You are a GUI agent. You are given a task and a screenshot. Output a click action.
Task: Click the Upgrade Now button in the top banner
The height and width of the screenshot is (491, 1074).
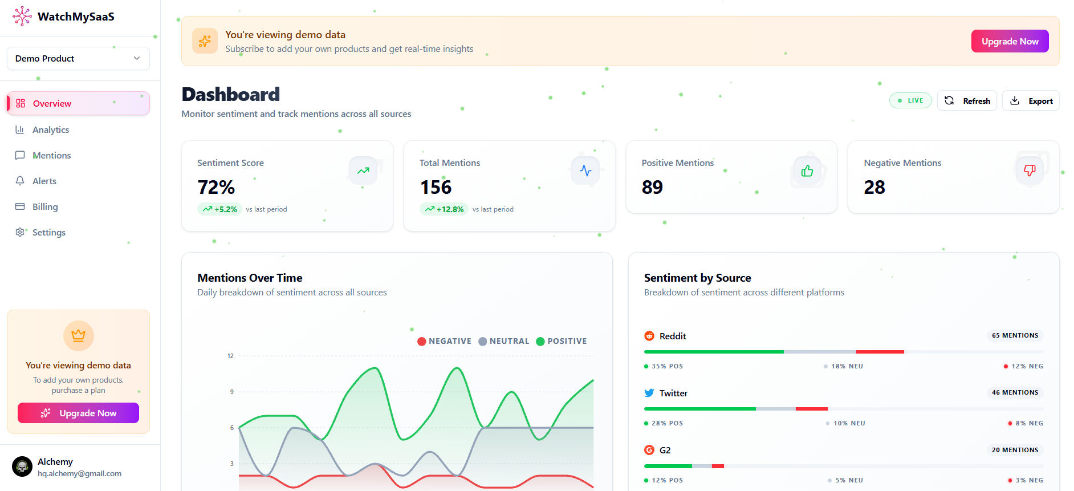1010,41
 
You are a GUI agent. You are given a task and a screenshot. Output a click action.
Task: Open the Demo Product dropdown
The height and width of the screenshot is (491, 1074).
78,59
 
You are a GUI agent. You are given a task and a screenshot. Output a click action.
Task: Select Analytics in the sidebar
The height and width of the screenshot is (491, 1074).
51,129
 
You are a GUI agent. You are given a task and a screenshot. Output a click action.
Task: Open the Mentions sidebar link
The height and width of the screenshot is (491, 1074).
51,155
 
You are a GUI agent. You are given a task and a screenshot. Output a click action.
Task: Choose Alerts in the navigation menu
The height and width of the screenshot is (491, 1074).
44,181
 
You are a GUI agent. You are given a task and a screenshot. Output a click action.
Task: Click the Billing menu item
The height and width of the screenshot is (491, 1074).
45,206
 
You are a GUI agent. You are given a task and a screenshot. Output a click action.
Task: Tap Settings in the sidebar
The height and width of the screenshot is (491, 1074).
48,232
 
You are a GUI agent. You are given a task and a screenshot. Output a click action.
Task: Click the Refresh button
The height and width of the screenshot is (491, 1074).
967,101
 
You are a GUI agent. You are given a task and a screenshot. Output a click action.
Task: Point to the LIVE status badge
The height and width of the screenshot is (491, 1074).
910,100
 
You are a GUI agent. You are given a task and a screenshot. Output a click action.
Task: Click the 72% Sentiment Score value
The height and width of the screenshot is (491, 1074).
216,187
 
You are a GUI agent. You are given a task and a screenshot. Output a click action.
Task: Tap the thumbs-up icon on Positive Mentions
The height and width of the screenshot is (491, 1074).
807,171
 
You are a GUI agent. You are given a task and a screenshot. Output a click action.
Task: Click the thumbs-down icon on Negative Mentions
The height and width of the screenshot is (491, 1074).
1030,170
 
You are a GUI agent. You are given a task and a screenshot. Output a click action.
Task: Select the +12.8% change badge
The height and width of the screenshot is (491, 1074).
444,209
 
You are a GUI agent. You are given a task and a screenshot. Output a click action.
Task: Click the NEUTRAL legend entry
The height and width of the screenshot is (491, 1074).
504,341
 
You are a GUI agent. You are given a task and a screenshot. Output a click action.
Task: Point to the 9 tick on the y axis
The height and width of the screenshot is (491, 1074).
231,392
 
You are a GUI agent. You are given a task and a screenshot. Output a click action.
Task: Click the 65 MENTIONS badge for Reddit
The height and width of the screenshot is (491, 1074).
1015,335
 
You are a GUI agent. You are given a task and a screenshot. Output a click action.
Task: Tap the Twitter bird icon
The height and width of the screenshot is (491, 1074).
649,393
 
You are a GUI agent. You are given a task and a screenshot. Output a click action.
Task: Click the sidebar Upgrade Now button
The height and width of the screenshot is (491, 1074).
78,413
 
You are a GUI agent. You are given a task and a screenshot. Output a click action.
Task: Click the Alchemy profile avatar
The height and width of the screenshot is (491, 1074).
22,466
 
